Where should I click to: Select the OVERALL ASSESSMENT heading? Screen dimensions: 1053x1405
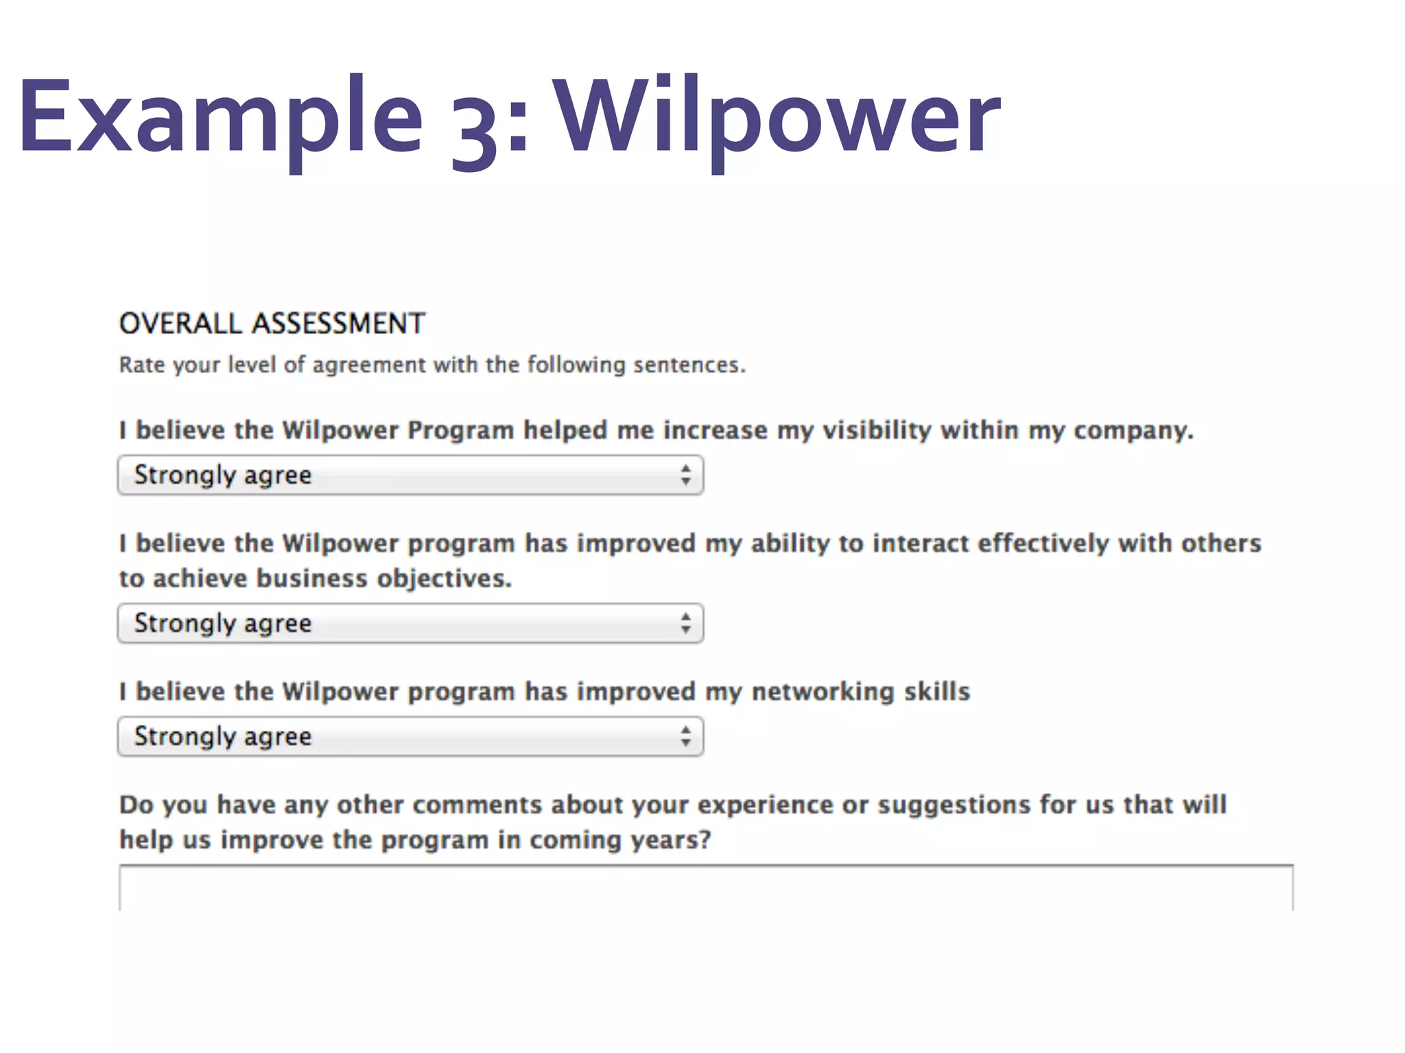pyautogui.click(x=272, y=324)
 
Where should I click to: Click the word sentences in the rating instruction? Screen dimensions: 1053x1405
pyautogui.click(x=688, y=365)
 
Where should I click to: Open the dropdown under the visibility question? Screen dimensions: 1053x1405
pyautogui.click(x=410, y=475)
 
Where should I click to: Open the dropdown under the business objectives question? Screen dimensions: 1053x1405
pyautogui.click(x=410, y=623)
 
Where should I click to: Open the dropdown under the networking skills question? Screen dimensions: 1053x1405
pyautogui.click(x=410, y=736)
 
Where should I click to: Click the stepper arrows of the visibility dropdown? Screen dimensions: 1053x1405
pyautogui.click(x=685, y=475)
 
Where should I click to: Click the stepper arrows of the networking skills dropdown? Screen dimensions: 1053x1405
pyautogui.click(x=685, y=736)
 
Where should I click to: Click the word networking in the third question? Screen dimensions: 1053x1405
pyautogui.click(x=823, y=692)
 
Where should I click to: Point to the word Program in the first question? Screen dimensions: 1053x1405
pyautogui.click(x=460, y=431)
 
